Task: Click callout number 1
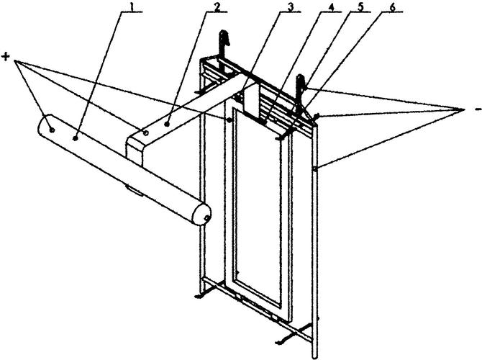pyautogui.click(x=132, y=6)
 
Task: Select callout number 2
pyautogui.click(x=217, y=6)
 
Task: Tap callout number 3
pyautogui.click(x=290, y=6)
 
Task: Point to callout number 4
pyautogui.click(x=331, y=6)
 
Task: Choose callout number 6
pyautogui.click(x=392, y=6)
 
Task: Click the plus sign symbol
pyautogui.click(x=6, y=56)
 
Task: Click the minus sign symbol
pyautogui.click(x=478, y=109)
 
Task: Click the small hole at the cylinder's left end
pyautogui.click(x=53, y=130)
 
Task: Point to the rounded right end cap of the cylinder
pyautogui.click(x=201, y=214)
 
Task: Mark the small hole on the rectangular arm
pyautogui.click(x=146, y=133)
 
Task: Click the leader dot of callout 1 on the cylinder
pyautogui.click(x=75, y=139)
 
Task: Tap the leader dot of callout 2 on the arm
pyautogui.click(x=167, y=125)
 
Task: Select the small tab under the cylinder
pyautogui.click(x=135, y=190)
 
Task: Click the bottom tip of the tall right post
pyautogui.click(x=315, y=357)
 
